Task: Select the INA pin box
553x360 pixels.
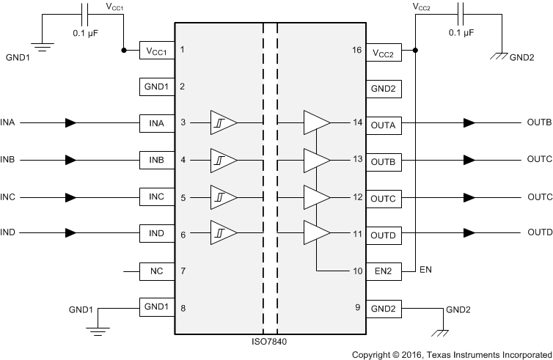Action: pyautogui.click(x=156, y=123)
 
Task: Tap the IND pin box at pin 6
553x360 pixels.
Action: pyautogui.click(x=156, y=234)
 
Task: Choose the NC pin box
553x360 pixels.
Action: pyautogui.click(x=156, y=271)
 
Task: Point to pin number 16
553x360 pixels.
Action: pyautogui.click(x=358, y=51)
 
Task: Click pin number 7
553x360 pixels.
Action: pyautogui.click(x=182, y=271)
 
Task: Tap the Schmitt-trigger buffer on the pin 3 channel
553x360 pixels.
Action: pyautogui.click(x=222, y=123)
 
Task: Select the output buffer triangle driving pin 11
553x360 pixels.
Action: pyautogui.click(x=317, y=234)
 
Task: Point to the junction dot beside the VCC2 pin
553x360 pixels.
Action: pyautogui.click(x=416, y=51)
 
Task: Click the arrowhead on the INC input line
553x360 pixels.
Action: pyautogui.click(x=70, y=197)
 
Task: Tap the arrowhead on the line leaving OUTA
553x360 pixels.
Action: pyautogui.click(x=469, y=123)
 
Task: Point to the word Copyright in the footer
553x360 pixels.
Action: pyautogui.click(x=371, y=354)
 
